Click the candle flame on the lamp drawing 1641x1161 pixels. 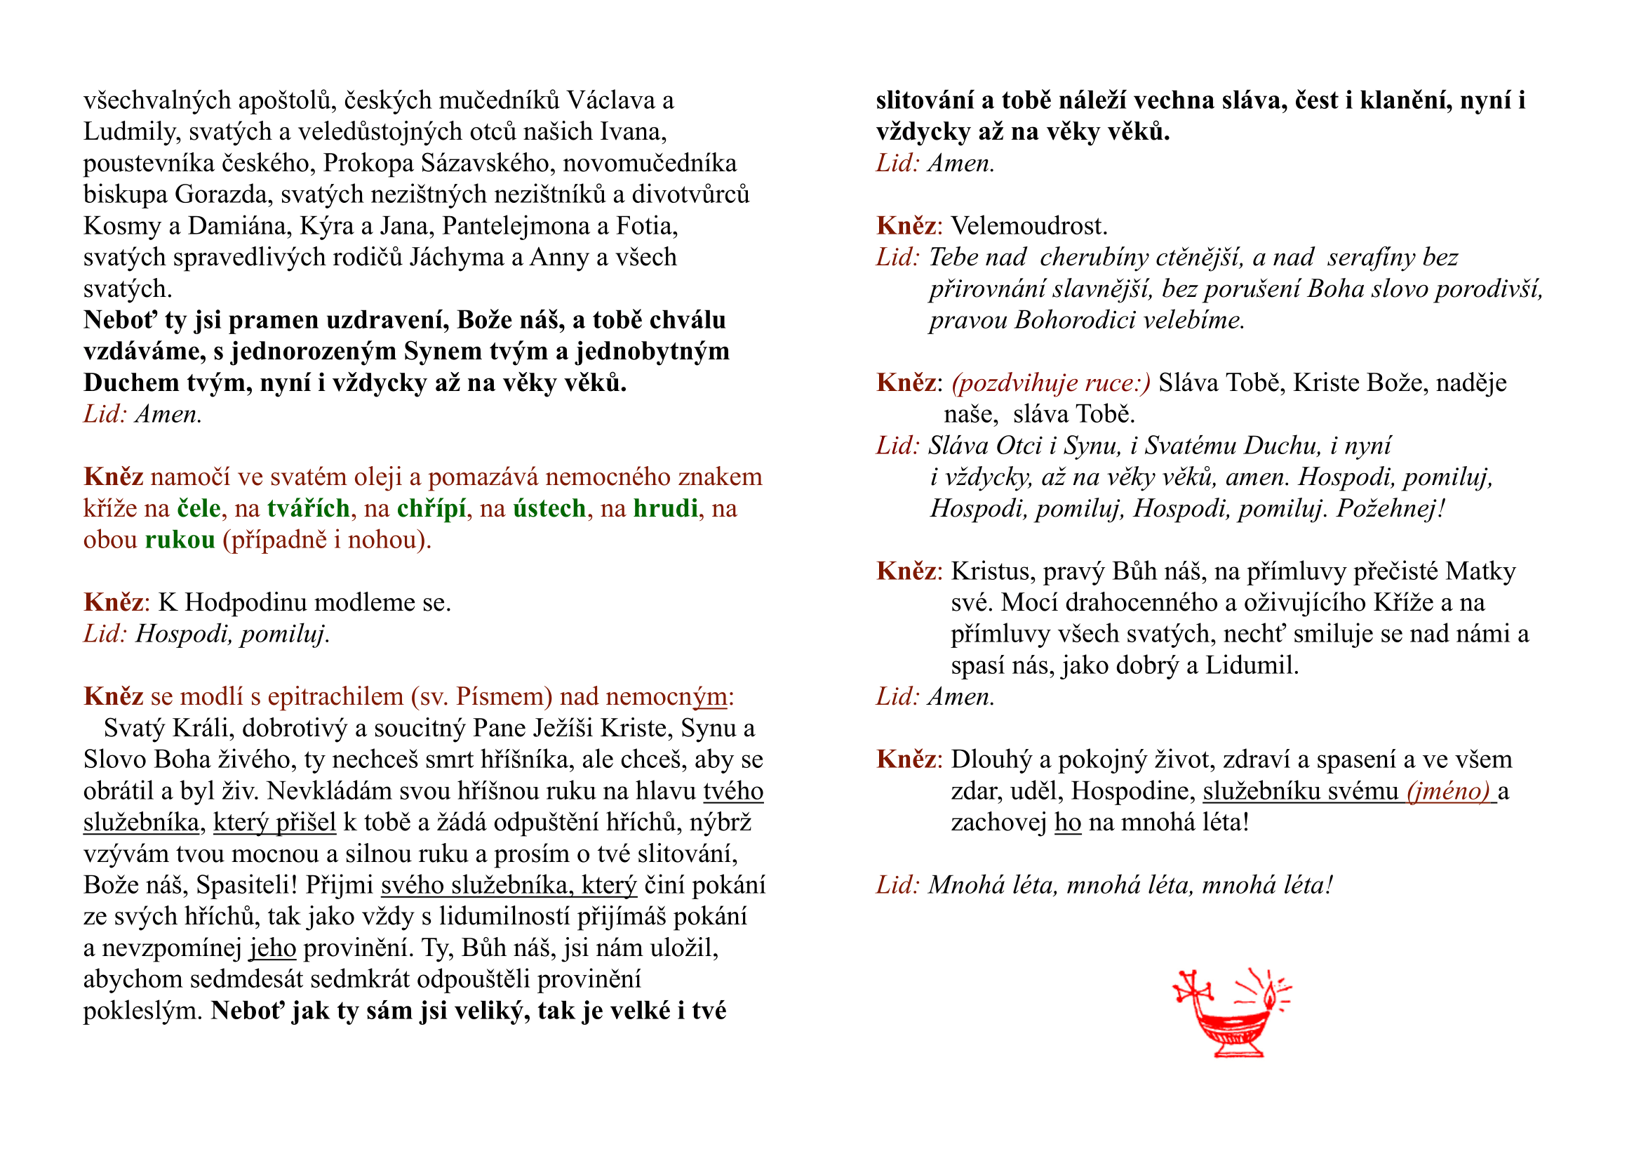1269,996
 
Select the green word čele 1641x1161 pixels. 199,508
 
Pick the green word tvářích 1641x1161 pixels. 309,508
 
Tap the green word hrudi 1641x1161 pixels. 665,508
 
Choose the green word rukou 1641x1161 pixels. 180,540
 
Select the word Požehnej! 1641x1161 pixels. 1391,508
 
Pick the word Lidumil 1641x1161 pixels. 1252,665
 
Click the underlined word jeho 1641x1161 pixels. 272,948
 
